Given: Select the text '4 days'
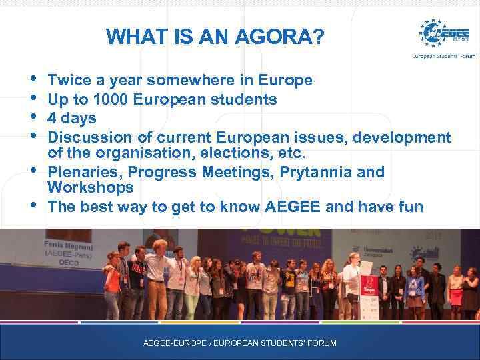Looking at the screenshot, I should (72, 119).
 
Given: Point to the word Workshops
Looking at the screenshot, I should (91, 188).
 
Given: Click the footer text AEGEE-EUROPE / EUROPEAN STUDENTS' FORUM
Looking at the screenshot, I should (240, 343).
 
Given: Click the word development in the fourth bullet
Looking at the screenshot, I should (401, 137).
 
